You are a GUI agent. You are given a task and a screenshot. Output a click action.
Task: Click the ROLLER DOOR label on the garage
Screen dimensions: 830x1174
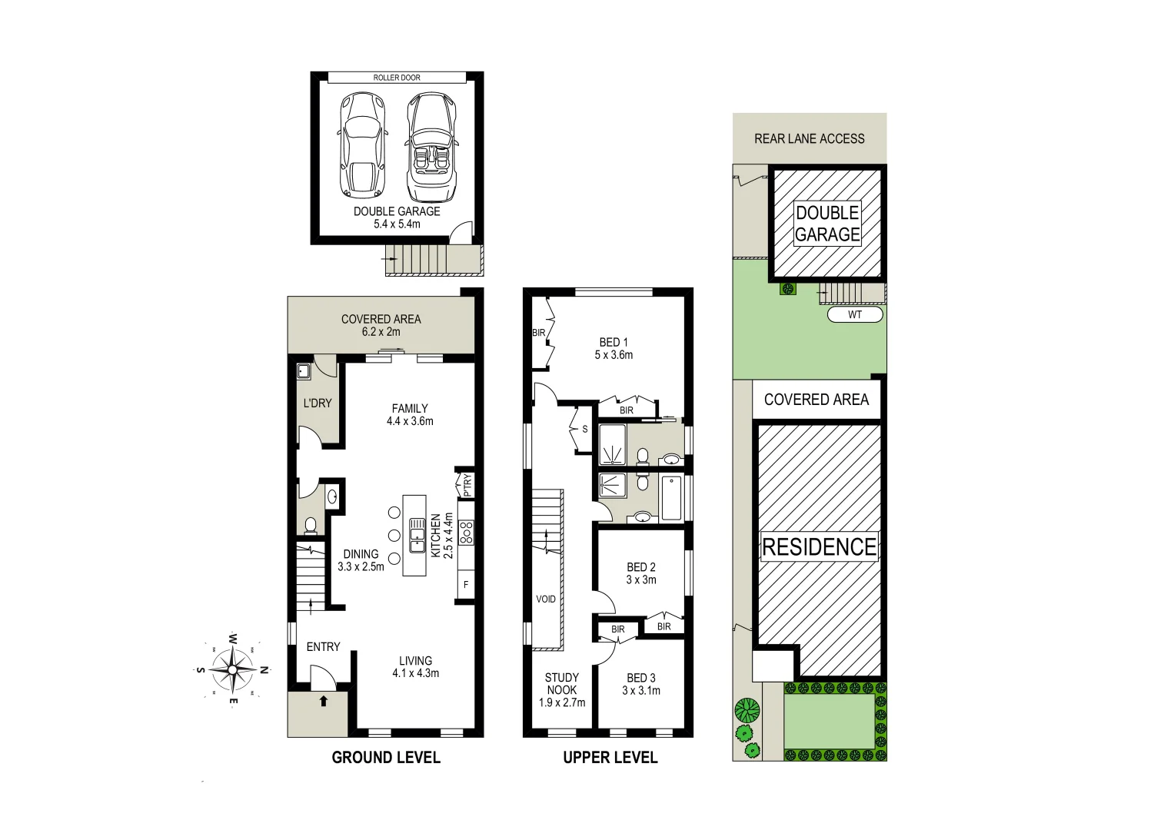(397, 78)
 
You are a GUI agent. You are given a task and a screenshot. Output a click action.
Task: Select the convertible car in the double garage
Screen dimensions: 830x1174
(431, 148)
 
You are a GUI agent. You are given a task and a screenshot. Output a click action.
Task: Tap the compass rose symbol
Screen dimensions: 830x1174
(232, 669)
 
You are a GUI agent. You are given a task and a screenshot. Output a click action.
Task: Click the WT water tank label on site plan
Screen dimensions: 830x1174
(855, 314)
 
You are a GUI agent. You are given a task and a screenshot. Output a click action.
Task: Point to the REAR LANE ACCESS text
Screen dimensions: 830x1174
(809, 139)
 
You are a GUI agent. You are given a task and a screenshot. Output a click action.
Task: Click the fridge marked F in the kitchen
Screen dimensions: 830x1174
(466, 585)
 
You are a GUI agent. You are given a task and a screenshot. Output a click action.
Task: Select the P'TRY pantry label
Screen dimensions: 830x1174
(467, 486)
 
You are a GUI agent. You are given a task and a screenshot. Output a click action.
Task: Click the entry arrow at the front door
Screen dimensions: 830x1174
(323, 701)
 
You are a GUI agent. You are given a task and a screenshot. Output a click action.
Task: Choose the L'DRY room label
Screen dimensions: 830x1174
(317, 403)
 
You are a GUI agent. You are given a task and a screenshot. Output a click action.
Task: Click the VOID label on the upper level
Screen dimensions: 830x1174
(545, 599)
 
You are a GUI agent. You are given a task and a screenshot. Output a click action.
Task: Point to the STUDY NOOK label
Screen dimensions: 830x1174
(562, 689)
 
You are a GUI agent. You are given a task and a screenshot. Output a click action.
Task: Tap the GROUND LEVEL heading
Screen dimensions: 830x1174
(386, 758)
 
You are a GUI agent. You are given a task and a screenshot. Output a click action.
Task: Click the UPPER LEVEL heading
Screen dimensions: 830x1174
(610, 758)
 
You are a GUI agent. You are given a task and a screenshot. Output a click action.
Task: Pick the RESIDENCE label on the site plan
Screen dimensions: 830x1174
(819, 547)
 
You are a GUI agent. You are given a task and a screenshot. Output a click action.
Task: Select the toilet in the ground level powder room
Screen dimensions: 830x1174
(311, 526)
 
